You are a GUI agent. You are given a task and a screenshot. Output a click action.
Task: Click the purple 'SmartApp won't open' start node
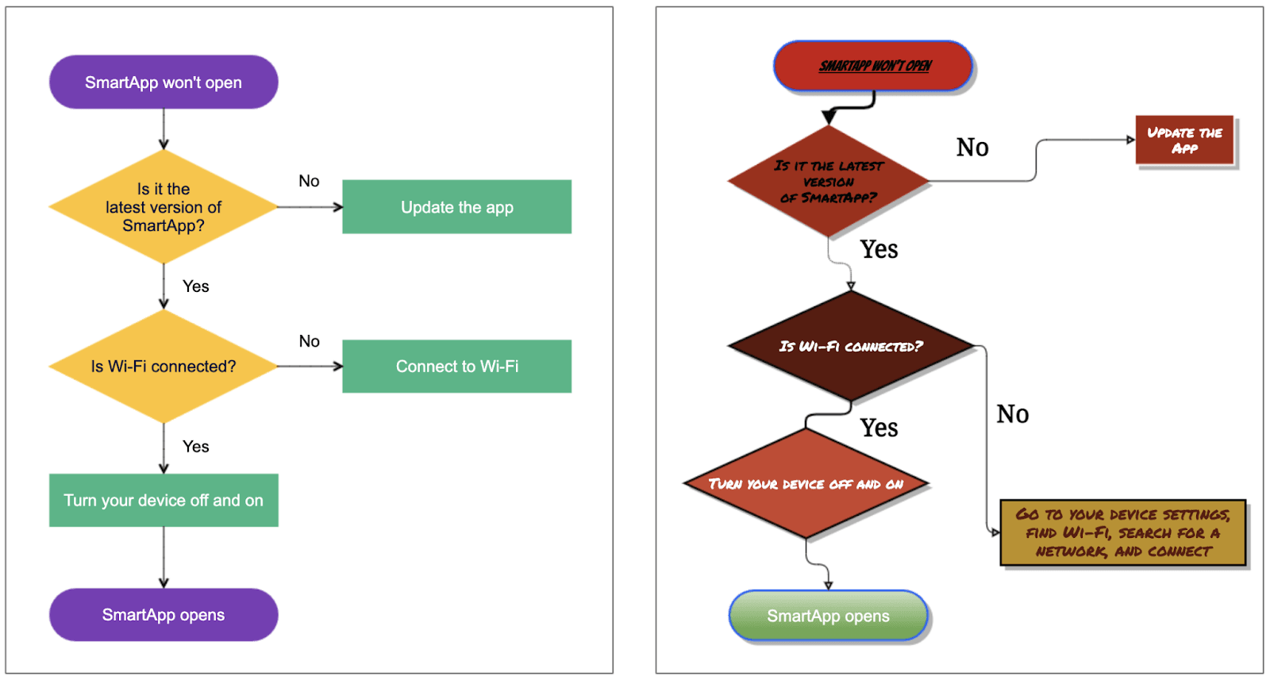[x=164, y=82]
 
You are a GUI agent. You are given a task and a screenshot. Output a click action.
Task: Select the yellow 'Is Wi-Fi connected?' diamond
[x=164, y=366]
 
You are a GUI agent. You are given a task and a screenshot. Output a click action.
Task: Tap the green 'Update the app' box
[x=456, y=207]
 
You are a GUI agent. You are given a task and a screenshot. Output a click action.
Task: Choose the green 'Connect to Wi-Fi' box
[x=456, y=366]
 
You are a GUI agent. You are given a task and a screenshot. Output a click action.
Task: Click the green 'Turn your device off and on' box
[x=164, y=500]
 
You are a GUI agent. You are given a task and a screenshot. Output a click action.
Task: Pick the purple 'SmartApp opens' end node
[x=164, y=615]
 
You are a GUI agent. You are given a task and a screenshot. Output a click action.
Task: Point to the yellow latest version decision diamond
[x=164, y=207]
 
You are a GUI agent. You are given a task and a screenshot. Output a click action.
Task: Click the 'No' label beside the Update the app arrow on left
[x=309, y=181]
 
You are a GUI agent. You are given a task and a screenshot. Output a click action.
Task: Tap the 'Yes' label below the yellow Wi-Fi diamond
[x=195, y=447]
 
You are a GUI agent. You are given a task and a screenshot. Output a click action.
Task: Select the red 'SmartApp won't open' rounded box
[x=874, y=66]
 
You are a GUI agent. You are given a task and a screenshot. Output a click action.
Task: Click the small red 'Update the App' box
[x=1184, y=140]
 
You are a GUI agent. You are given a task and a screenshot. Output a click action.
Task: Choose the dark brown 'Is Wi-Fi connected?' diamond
[x=850, y=346]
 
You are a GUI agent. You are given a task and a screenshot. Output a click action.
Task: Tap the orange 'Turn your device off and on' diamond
[x=806, y=484]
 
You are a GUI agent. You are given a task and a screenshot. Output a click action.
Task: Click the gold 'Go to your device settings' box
[x=1122, y=532]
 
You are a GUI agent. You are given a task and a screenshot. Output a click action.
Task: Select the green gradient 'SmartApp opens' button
[x=828, y=616]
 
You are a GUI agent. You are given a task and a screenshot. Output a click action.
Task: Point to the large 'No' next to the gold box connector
[x=1012, y=414]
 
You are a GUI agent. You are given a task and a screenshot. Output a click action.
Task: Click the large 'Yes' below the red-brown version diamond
[x=879, y=250]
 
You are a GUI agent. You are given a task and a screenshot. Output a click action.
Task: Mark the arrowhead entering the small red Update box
[x=1130, y=140]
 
